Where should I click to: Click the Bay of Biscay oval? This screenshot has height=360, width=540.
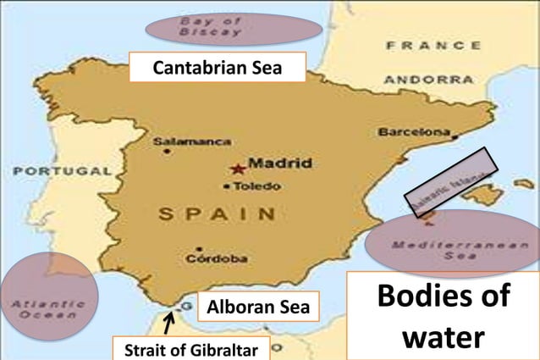(234, 28)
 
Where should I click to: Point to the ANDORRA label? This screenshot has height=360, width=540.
(429, 79)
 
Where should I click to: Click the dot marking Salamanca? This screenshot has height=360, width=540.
(167, 152)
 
